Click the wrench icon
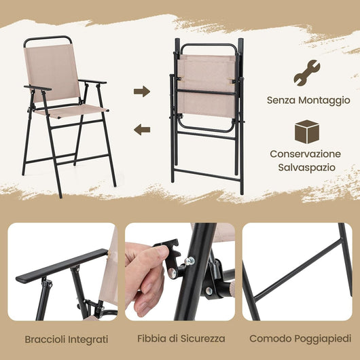[306, 71]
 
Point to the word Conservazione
[305, 154]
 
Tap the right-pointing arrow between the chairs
[141, 91]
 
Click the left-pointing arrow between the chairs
[141, 129]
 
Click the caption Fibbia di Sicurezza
[180, 338]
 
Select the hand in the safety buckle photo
[143, 275]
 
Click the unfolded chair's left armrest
[37, 88]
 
